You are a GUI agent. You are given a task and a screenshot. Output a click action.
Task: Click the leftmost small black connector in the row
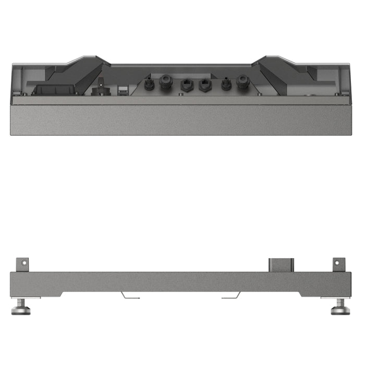point(149,83)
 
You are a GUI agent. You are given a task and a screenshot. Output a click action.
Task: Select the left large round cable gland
point(166,82)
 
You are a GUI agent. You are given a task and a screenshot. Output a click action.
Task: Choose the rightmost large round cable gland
point(242,82)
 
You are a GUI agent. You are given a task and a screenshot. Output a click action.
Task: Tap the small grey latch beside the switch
point(122,90)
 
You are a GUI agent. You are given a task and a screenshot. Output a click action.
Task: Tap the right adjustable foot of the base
point(340,308)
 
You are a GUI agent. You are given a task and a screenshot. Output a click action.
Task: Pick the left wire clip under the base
point(130,296)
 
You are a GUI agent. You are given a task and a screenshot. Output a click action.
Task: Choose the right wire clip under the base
point(231,296)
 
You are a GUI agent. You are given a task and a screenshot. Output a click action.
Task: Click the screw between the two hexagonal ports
point(195,94)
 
